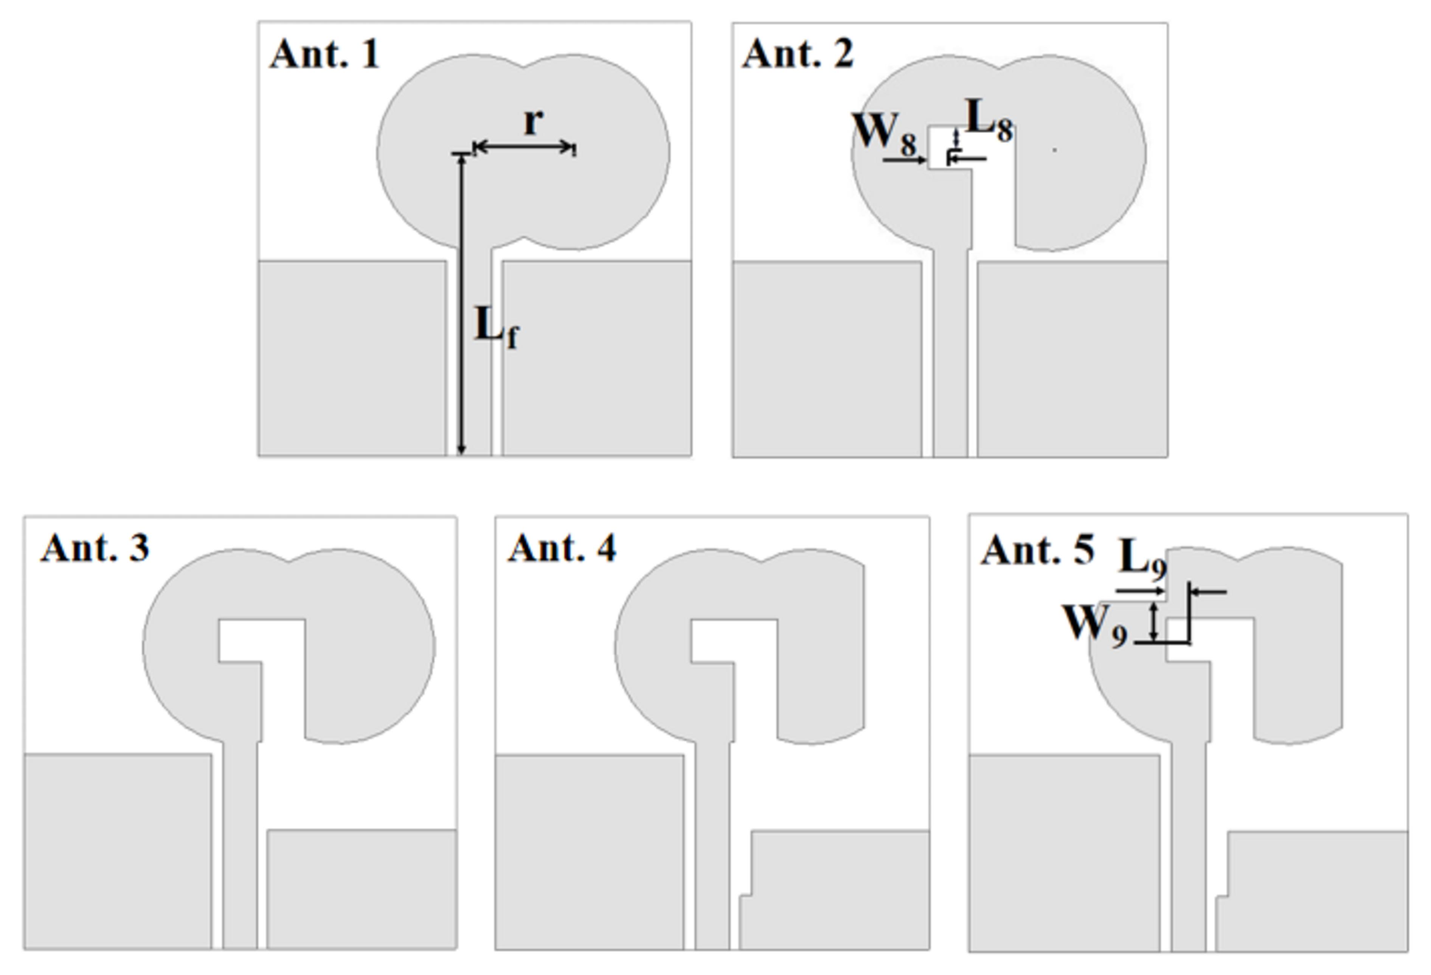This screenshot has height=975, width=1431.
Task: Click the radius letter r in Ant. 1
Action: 533,121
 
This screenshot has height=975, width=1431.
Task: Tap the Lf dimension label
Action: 496,327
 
